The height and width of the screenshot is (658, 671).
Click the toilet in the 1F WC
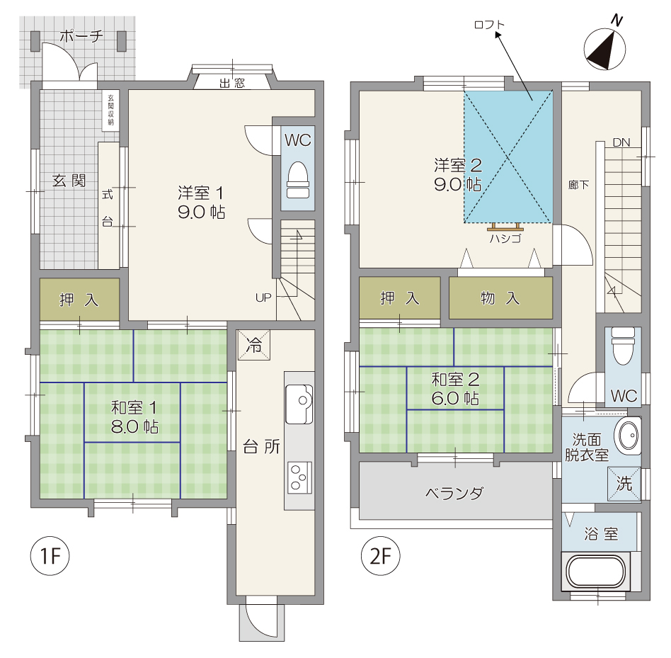click(298, 180)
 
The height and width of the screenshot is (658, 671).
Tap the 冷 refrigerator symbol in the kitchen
click(254, 345)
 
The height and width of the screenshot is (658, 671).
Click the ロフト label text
click(489, 25)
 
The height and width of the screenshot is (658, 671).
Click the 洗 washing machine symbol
click(624, 483)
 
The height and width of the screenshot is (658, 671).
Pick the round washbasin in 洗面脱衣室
click(629, 436)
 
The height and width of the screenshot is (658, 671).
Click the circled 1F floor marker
click(50, 556)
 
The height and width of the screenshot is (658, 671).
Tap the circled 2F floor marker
click(380, 556)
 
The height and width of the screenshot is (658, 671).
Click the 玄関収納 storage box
click(110, 110)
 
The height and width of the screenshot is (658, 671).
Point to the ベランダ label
click(454, 493)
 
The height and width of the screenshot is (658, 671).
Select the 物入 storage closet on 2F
click(500, 298)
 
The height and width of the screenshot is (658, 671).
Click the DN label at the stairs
click(621, 142)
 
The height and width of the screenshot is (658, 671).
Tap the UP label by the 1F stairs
click(263, 297)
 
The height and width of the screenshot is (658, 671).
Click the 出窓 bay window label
click(232, 83)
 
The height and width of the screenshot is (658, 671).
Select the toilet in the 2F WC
click(623, 346)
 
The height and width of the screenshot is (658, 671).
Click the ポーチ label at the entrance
click(81, 35)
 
